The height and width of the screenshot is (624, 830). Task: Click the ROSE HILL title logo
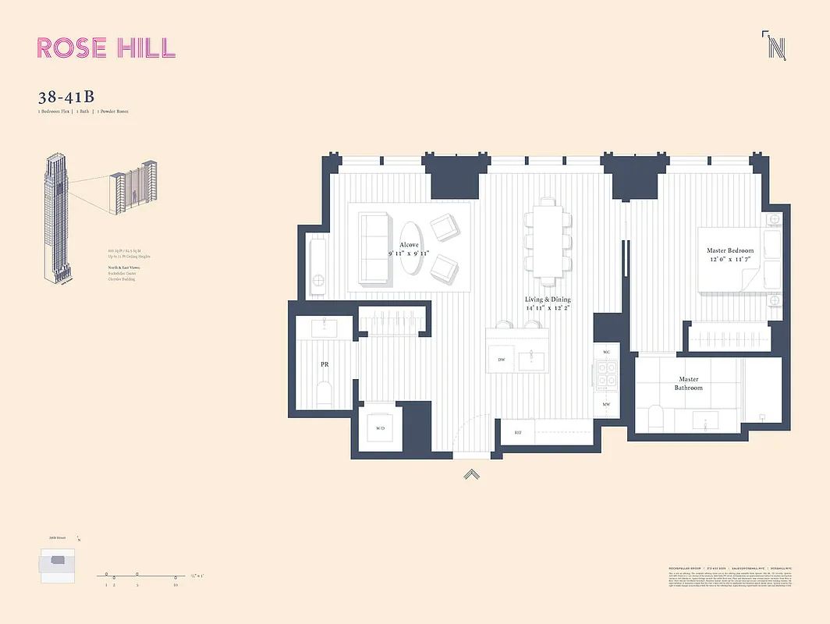[x=106, y=47]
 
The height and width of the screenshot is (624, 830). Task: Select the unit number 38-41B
[x=66, y=97]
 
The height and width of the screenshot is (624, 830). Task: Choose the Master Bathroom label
[x=689, y=383]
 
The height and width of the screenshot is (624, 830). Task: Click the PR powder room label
[x=324, y=364]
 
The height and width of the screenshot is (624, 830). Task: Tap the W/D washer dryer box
[x=380, y=427]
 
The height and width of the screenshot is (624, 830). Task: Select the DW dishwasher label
[x=502, y=359]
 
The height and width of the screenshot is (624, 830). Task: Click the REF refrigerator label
[x=517, y=431]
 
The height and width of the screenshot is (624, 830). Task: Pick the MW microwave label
[x=606, y=404]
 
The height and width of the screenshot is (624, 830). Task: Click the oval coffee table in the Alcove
[x=410, y=248]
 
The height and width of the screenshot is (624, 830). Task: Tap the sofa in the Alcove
[x=371, y=248]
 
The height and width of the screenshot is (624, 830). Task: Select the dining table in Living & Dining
[x=546, y=240]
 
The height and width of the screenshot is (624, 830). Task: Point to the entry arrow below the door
[x=471, y=473]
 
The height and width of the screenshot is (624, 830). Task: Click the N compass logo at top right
[x=775, y=47]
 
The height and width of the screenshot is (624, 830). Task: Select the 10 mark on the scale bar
[x=176, y=583]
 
